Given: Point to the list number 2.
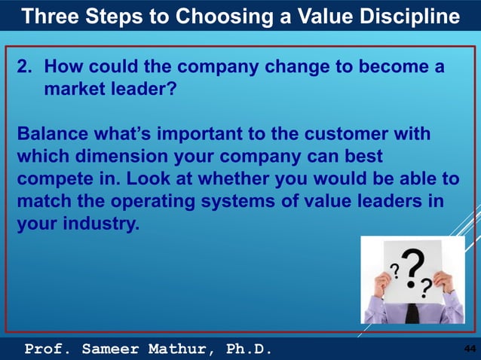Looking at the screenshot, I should click(x=24, y=69).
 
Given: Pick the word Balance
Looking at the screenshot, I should click(x=50, y=135).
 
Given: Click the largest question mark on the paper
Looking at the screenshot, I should click(x=412, y=269).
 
